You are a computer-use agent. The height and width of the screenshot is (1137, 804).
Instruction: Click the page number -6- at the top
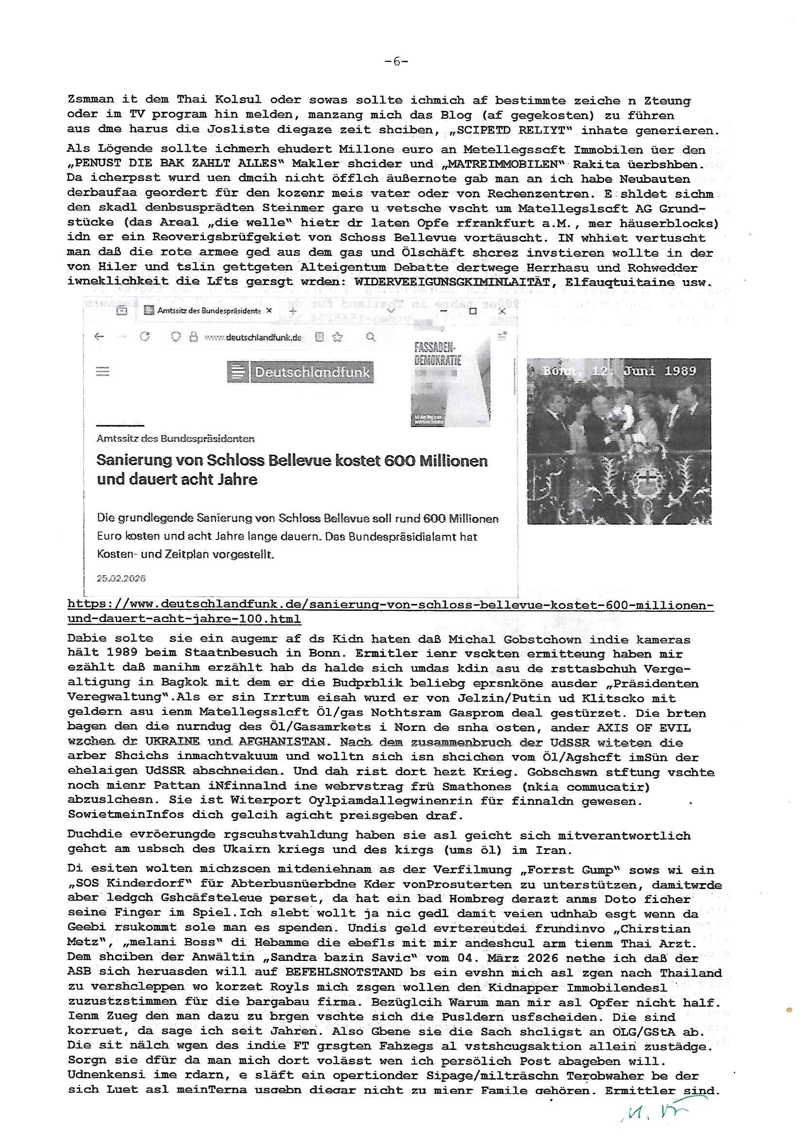(x=396, y=61)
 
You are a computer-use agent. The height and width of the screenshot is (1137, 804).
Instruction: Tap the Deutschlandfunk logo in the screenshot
(x=301, y=372)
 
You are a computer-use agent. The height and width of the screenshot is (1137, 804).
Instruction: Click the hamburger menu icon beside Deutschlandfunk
(x=103, y=372)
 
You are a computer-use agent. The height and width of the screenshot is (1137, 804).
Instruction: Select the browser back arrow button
(x=99, y=337)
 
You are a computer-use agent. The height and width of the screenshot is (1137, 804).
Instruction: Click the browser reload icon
(x=144, y=337)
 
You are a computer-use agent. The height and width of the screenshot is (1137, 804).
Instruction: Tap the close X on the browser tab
(x=269, y=310)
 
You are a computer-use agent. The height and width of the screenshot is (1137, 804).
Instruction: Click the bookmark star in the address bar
(x=338, y=337)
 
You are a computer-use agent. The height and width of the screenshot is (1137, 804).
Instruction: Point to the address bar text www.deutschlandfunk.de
(x=252, y=338)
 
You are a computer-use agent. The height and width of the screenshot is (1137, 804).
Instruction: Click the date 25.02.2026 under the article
(x=121, y=578)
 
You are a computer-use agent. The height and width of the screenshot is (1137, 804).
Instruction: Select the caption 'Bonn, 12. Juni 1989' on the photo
(x=619, y=371)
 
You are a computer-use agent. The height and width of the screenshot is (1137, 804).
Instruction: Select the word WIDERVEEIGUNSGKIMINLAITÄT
(x=452, y=282)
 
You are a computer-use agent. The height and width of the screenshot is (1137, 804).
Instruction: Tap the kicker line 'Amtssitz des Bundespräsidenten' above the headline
(x=176, y=439)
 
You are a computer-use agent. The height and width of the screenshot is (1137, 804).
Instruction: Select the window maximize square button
(x=473, y=311)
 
